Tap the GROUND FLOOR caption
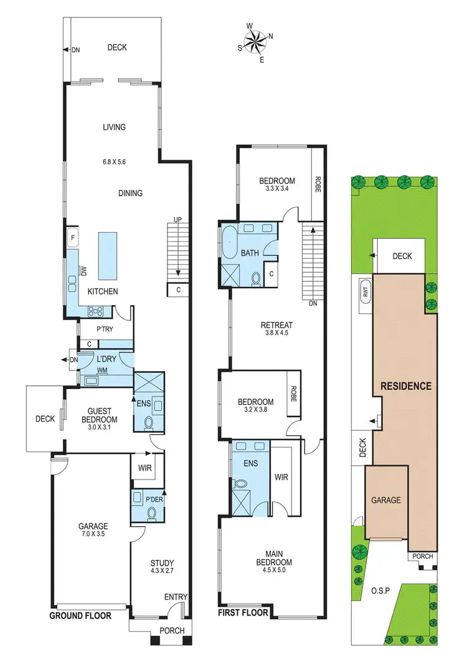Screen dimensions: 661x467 coord(80,615)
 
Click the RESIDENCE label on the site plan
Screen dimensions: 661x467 coord(406,386)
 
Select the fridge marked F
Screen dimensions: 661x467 coord(72,238)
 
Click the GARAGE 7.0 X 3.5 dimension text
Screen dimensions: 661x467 coord(93,534)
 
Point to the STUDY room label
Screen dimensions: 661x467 coord(162,562)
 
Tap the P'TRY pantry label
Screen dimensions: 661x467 coord(103,329)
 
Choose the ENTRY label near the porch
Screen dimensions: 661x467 coord(176,597)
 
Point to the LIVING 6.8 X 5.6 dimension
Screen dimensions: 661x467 coord(115,162)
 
